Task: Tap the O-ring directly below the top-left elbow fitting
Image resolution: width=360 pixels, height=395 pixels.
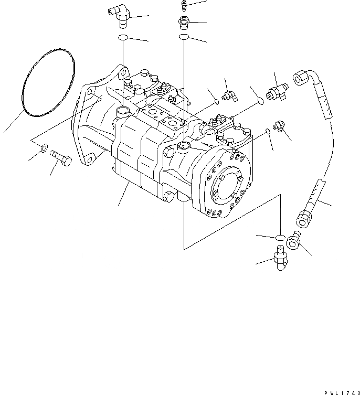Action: click(x=123, y=37)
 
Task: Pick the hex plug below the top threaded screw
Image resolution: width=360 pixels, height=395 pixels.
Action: click(x=184, y=23)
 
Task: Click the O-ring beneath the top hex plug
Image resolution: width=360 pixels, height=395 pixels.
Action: click(x=184, y=37)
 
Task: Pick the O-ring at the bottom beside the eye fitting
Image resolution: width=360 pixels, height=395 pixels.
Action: click(x=281, y=237)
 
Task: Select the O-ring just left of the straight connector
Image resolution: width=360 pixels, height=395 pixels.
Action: click(x=257, y=100)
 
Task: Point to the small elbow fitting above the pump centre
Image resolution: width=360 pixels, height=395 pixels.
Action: click(x=227, y=96)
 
